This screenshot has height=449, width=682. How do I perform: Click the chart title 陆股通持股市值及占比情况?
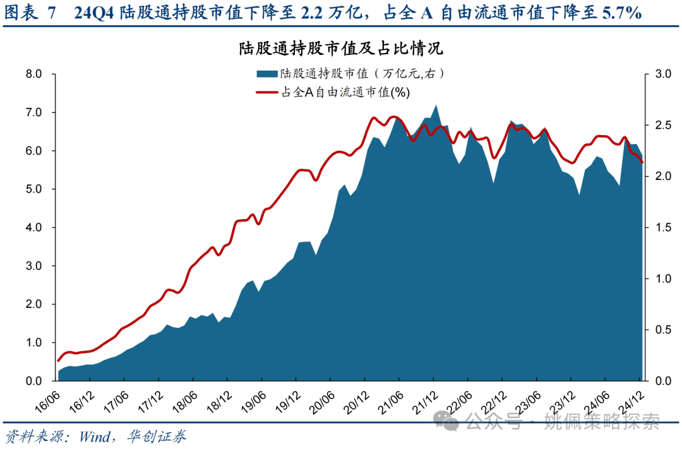pos(341,48)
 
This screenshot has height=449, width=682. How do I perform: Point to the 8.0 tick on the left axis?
pos(33,75)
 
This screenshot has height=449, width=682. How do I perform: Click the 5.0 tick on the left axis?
pos(33,189)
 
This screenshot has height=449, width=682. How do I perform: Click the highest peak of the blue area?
pos(436,105)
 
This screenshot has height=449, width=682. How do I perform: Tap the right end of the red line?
pos(642,162)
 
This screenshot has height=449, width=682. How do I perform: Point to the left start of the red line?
pos(58,361)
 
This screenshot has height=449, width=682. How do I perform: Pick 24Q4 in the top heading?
pos(93,13)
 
